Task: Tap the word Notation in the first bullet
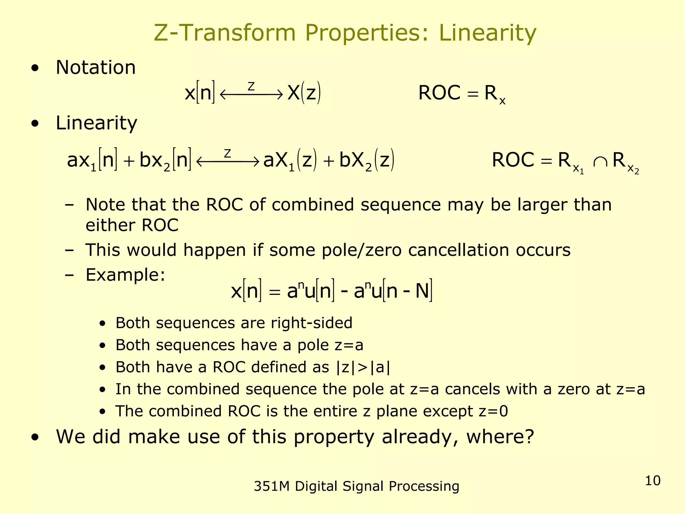pos(96,68)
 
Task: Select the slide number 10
pos(653,481)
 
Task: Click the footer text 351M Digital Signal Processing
pos(357,486)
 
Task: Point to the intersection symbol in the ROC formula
pos(600,162)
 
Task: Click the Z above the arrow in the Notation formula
pos(251,87)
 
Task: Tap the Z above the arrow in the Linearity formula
pos(227,154)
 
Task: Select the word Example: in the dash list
pos(125,275)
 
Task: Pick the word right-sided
pos(311,323)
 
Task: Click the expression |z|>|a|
pos(363,367)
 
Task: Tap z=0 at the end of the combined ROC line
pos(493,411)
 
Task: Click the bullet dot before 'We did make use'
pos(35,437)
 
